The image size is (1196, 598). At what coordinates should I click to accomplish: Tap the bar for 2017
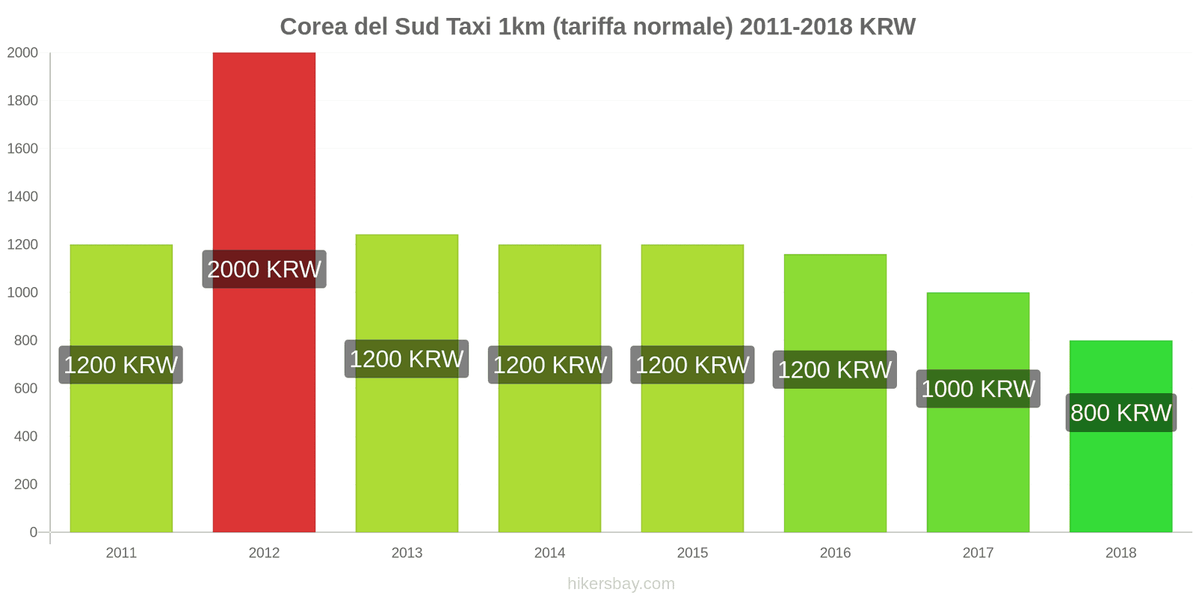978,463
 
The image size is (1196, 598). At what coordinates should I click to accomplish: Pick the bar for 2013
407,449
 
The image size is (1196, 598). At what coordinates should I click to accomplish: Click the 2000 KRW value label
264,269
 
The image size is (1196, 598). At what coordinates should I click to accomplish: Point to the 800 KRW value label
1121,413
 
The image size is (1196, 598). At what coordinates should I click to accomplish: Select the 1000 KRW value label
978,389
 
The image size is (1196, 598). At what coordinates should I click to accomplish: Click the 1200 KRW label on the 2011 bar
121,365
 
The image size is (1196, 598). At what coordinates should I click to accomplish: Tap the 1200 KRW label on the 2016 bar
834,369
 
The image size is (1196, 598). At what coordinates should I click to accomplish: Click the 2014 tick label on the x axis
549,553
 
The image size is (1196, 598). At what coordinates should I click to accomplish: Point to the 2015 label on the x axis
692,553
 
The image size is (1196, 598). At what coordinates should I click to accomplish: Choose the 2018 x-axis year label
1121,553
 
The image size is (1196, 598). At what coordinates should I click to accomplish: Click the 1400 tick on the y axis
22,197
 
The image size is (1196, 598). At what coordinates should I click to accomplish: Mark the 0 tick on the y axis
33,532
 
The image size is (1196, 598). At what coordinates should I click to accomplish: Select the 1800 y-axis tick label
22,101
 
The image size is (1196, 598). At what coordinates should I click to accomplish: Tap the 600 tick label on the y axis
25,389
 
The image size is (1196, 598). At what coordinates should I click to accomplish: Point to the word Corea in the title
313,27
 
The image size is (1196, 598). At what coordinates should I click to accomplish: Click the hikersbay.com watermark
620,584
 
